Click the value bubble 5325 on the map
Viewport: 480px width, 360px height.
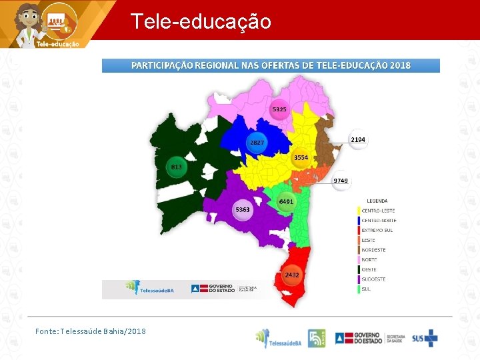(x=279, y=109)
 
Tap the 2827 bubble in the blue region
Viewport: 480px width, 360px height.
(x=257, y=143)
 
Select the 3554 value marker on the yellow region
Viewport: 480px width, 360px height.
(x=301, y=158)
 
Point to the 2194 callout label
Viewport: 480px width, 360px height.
(x=358, y=139)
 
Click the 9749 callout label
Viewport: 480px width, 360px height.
(x=341, y=181)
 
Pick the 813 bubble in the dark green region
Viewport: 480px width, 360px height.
(x=177, y=167)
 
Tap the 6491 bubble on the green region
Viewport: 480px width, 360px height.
(x=286, y=201)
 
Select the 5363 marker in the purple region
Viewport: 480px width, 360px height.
(x=243, y=210)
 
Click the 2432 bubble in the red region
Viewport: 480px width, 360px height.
(x=292, y=275)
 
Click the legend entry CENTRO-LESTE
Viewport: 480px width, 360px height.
(x=378, y=211)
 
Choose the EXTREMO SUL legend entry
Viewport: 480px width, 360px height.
(x=377, y=230)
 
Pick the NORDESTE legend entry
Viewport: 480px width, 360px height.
(x=374, y=250)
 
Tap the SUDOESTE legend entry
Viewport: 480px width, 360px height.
(x=374, y=279)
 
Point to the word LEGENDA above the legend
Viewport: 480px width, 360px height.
(x=377, y=201)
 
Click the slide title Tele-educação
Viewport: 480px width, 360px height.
(x=201, y=21)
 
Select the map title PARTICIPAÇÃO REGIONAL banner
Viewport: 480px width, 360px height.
(x=271, y=65)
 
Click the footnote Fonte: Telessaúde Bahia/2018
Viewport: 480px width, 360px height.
(x=91, y=331)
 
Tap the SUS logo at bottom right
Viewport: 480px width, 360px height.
(x=425, y=338)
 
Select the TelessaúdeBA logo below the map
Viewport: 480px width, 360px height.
(x=150, y=288)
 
